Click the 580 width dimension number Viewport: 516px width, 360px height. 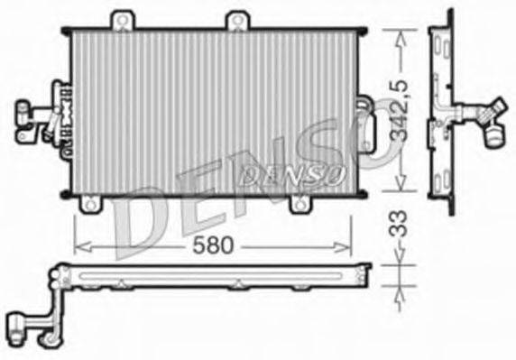(213, 244)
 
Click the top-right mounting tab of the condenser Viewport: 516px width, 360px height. (236, 20)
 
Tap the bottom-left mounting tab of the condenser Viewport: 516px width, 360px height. (91, 205)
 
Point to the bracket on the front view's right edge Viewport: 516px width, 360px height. (365, 126)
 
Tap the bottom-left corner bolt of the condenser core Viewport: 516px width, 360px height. (66, 193)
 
